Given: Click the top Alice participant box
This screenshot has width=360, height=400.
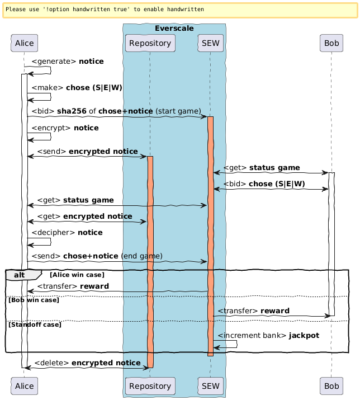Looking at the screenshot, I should [24, 43].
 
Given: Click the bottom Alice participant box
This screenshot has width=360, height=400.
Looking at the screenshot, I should [24, 385].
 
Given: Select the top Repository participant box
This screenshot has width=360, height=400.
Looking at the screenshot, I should [150, 43].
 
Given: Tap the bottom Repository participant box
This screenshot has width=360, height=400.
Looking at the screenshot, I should [150, 385].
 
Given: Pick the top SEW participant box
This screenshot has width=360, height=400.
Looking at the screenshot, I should [210, 43].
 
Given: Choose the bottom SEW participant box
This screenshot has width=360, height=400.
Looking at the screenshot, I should [210, 385].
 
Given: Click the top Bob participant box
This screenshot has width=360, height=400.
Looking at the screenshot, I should [331, 43].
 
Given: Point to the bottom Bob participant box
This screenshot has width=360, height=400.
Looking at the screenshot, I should [331, 385].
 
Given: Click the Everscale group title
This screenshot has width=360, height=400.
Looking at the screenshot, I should [174, 28].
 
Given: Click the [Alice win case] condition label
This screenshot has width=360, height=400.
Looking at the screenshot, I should [77, 275].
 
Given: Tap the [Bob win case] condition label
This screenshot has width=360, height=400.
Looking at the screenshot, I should [33, 300].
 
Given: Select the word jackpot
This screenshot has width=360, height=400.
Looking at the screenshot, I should [306, 335].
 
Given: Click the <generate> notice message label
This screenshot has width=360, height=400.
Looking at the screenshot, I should [67, 61].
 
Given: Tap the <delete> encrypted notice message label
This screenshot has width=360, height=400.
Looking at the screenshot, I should [87, 363].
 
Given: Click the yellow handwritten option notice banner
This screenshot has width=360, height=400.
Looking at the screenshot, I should [179, 10].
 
